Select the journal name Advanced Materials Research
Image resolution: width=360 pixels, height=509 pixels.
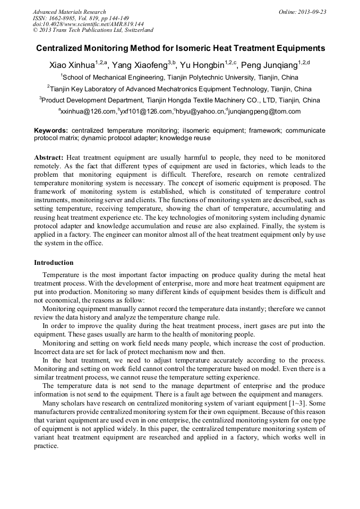click(x=69, y=12)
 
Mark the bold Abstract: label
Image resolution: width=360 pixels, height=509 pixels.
click(x=49, y=158)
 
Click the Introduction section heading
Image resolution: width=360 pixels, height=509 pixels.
click(x=54, y=263)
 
